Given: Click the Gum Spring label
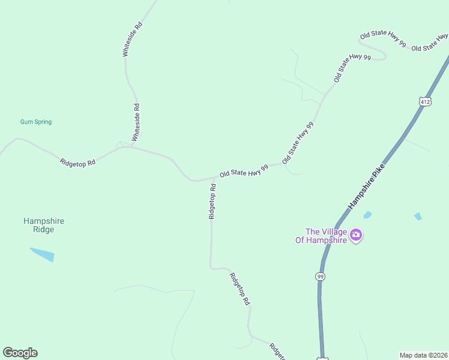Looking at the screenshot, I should (x=36, y=122).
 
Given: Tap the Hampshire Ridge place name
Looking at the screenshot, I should (x=43, y=225).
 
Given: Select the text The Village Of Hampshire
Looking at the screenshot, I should (x=327, y=236).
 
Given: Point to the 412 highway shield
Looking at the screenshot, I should (x=425, y=102).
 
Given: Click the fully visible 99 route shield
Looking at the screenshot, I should (x=321, y=276).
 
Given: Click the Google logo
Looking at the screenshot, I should (x=20, y=353).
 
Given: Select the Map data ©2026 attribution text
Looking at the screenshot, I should (x=423, y=355).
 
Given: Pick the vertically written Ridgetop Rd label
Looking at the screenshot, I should (x=212, y=201).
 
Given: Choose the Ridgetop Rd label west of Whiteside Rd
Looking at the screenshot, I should (x=78, y=162).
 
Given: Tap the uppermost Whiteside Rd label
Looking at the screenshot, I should (x=132, y=39).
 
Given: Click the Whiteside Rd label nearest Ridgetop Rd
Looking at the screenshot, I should (x=136, y=122).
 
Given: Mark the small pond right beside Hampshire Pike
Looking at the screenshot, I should (x=367, y=215).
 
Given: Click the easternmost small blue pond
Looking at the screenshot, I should (x=418, y=216).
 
